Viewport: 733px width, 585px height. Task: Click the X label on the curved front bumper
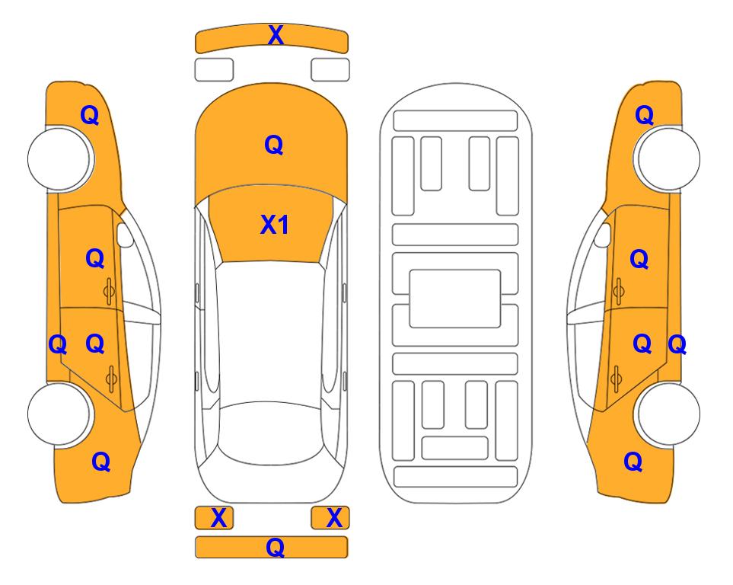[276, 35]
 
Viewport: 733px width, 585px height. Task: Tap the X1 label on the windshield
[275, 225]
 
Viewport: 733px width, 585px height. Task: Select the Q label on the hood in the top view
[274, 145]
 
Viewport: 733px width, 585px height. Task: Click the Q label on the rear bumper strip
[276, 547]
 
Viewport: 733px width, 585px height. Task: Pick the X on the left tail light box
[218, 518]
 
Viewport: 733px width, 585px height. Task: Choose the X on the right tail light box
[334, 518]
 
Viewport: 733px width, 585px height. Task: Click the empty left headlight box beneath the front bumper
[214, 70]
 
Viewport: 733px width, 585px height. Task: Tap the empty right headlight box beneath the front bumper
[330, 70]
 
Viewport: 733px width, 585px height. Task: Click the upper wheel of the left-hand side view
[59, 159]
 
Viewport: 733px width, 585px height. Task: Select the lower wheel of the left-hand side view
[59, 414]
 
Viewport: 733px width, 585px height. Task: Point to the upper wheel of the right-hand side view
[667, 159]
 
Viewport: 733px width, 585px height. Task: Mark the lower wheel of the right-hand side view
[667, 414]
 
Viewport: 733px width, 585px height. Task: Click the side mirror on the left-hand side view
[125, 235]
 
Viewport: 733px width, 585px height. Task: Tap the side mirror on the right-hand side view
[603, 235]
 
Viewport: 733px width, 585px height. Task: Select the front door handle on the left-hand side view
[109, 291]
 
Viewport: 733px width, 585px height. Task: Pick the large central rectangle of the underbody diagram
[455, 299]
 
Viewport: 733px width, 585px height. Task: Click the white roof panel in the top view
[270, 332]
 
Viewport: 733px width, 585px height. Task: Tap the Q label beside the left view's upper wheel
[90, 115]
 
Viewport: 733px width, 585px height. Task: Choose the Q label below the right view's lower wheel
[633, 462]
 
